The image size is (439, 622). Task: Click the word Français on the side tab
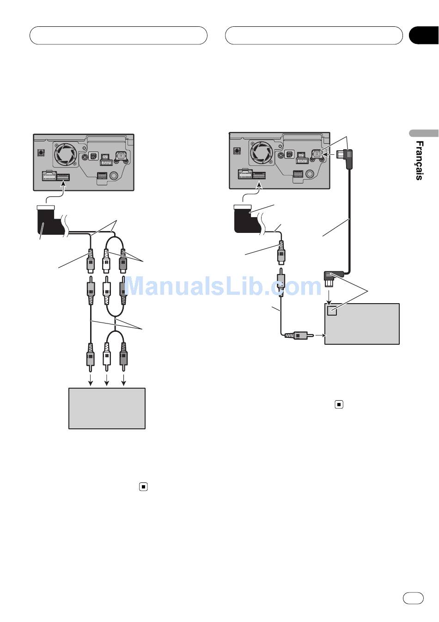(x=419, y=160)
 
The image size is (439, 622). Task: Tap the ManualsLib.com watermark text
(x=223, y=286)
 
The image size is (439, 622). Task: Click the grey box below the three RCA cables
(x=107, y=408)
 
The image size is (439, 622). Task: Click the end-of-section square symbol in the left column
(x=143, y=486)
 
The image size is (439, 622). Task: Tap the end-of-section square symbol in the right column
(x=339, y=405)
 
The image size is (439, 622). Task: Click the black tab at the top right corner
(x=424, y=36)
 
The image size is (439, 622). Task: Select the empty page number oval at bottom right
(x=413, y=598)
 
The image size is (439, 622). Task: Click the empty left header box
(x=118, y=36)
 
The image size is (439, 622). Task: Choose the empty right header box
(x=314, y=36)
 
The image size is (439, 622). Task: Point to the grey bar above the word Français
(x=423, y=134)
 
